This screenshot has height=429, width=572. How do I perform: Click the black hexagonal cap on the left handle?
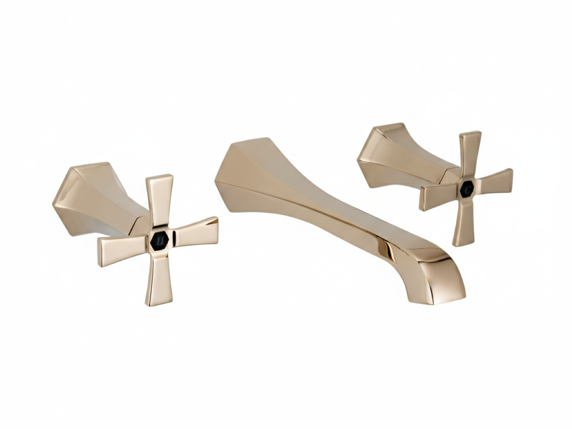[x=160, y=241]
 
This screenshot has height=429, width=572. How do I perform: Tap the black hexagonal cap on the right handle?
[x=467, y=189]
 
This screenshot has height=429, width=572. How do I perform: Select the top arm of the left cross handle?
[x=160, y=201]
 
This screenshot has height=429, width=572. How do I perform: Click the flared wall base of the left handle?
[x=85, y=197]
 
